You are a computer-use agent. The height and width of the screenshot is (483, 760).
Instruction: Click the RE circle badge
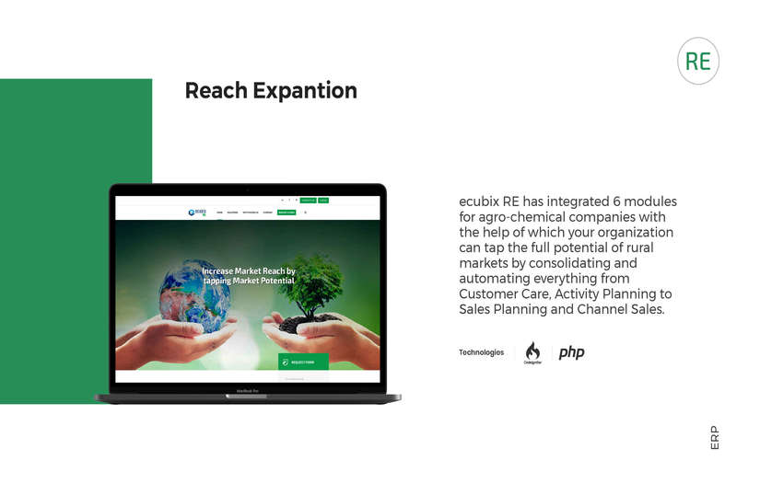[x=697, y=62]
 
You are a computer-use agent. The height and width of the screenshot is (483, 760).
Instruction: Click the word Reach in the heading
[x=216, y=91]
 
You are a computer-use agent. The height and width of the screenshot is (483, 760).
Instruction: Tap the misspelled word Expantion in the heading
[x=304, y=91]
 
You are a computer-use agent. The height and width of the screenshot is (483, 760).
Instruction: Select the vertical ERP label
[x=715, y=438]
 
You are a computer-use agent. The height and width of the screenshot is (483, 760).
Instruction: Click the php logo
[x=571, y=352]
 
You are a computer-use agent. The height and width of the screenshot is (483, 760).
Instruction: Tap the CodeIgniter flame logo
[x=532, y=352]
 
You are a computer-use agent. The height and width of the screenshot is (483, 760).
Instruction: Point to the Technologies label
[x=481, y=352]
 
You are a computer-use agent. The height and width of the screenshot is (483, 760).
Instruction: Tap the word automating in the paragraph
[x=498, y=278]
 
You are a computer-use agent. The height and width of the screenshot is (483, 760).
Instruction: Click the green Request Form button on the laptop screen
[x=303, y=362]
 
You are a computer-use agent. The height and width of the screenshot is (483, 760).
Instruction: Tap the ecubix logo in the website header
[x=195, y=212]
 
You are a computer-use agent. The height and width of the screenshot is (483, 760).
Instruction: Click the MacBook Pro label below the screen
[x=248, y=390]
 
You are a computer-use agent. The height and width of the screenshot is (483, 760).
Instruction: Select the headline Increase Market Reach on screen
[x=248, y=271]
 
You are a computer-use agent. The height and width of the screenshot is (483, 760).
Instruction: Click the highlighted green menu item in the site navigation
[x=286, y=212]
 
